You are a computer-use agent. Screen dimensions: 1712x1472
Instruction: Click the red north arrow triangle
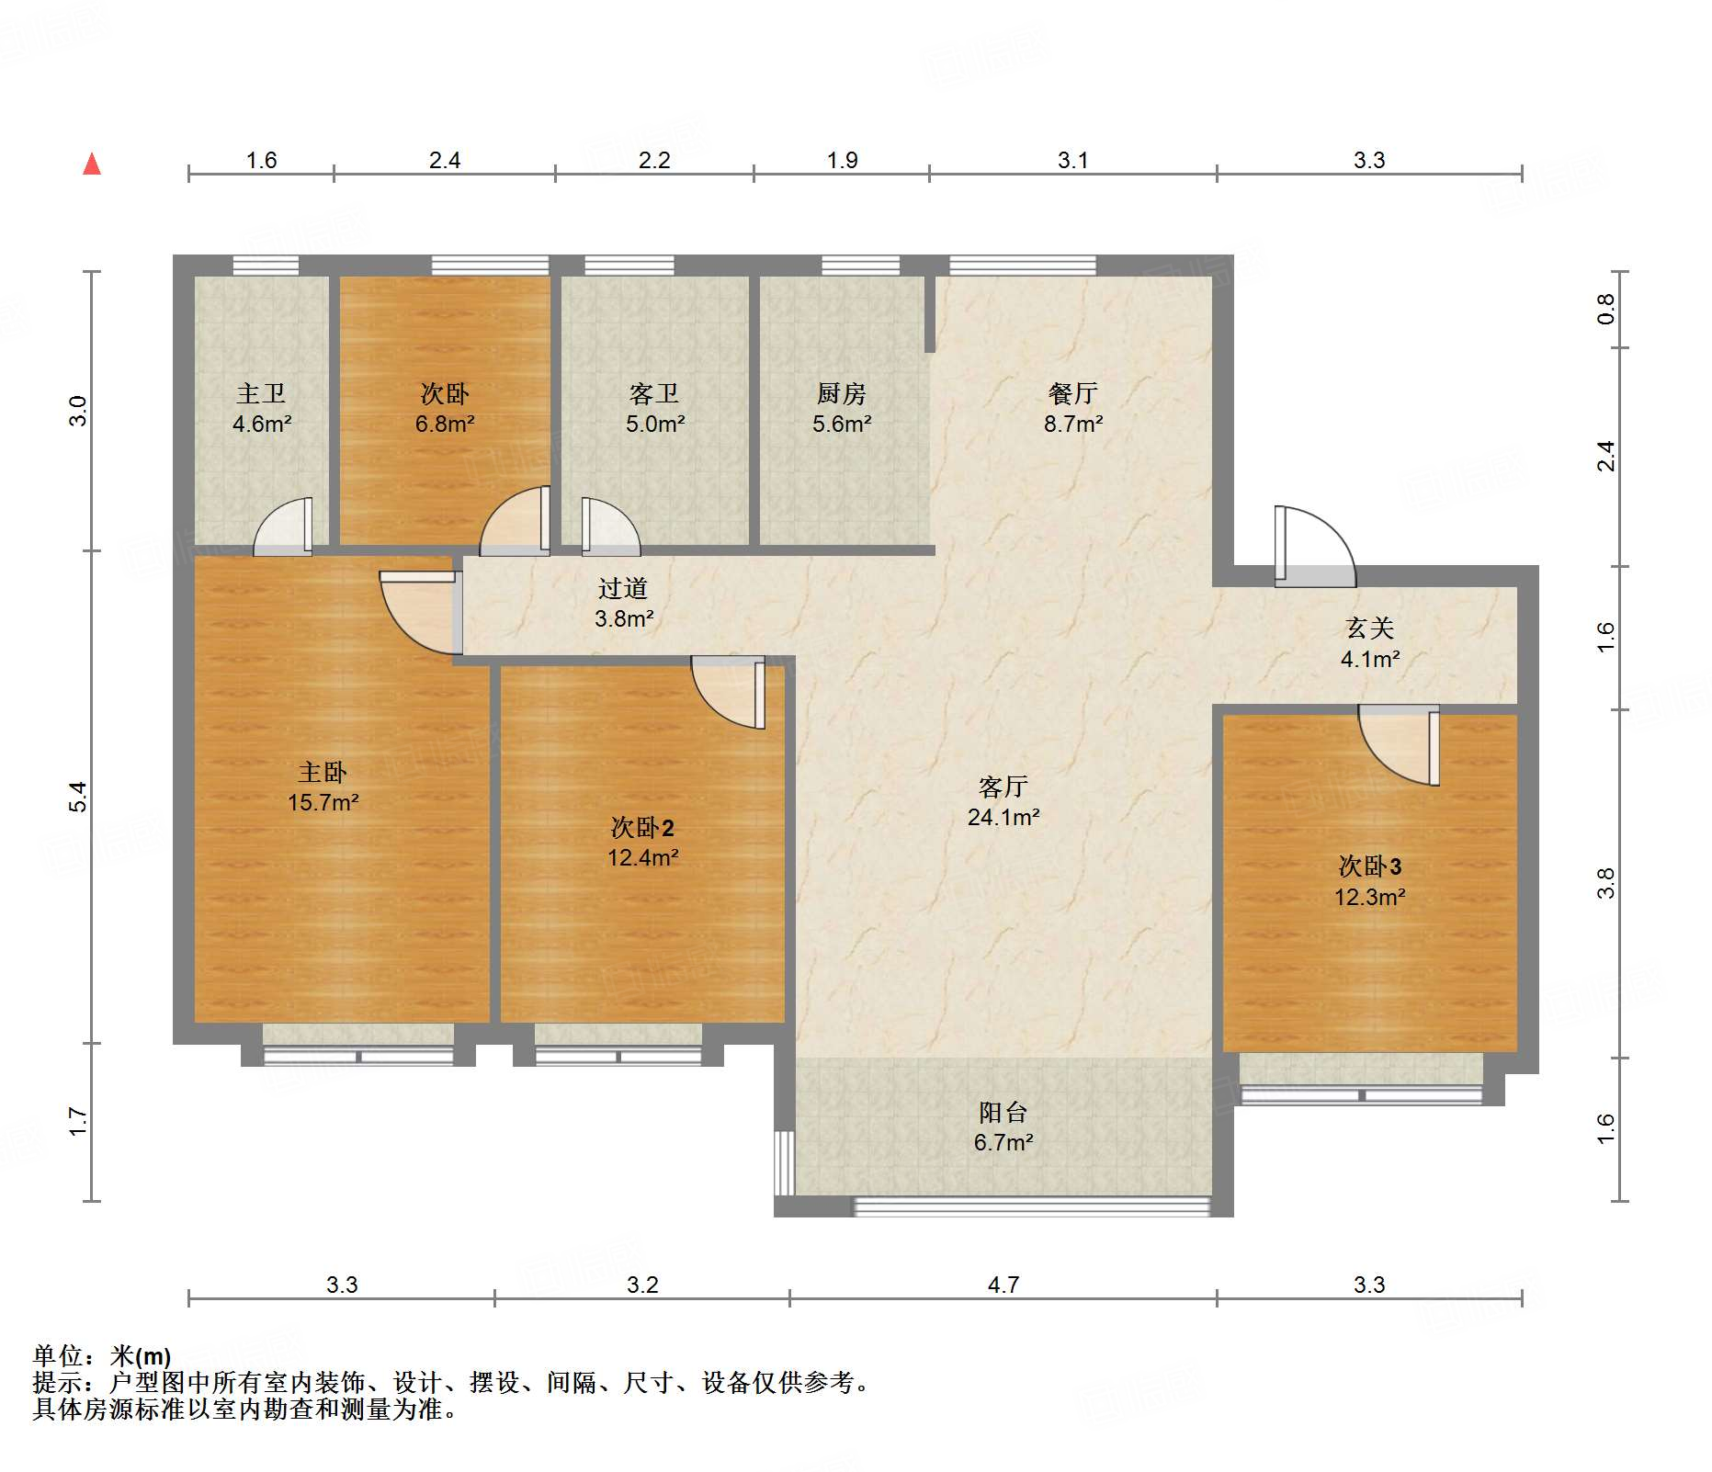pyautogui.click(x=92, y=164)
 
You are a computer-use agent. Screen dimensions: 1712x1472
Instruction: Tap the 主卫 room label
pyautogui.click(x=262, y=393)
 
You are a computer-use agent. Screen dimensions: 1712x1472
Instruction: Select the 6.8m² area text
pyautogui.click(x=445, y=424)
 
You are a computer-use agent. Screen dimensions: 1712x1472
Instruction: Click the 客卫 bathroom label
pyautogui.click(x=654, y=393)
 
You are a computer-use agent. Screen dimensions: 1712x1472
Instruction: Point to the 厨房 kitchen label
pyautogui.click(x=842, y=393)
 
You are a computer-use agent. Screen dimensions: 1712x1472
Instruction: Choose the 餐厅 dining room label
pyautogui.click(x=1073, y=393)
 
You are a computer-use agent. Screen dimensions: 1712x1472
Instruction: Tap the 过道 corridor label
pyautogui.click(x=623, y=588)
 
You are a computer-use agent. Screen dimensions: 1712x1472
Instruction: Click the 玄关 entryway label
pyautogui.click(x=1370, y=628)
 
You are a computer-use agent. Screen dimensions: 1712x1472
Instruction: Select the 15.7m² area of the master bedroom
pyautogui.click(x=323, y=802)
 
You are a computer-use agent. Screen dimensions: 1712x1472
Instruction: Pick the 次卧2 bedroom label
pyautogui.click(x=642, y=828)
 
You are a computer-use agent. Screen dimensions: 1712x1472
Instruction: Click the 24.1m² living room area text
pyautogui.click(x=1003, y=817)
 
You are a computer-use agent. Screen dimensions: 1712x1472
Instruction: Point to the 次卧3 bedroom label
pyautogui.click(x=1370, y=866)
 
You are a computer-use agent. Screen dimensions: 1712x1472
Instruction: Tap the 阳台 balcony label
pyautogui.click(x=1003, y=1113)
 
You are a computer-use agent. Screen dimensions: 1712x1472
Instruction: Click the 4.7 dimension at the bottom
pyautogui.click(x=1003, y=1285)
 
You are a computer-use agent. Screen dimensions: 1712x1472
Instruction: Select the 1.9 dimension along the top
pyautogui.click(x=842, y=161)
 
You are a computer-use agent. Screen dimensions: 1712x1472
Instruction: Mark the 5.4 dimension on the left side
pyautogui.click(x=79, y=796)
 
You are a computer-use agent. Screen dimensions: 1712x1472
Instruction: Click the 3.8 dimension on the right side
pyautogui.click(x=1605, y=883)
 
